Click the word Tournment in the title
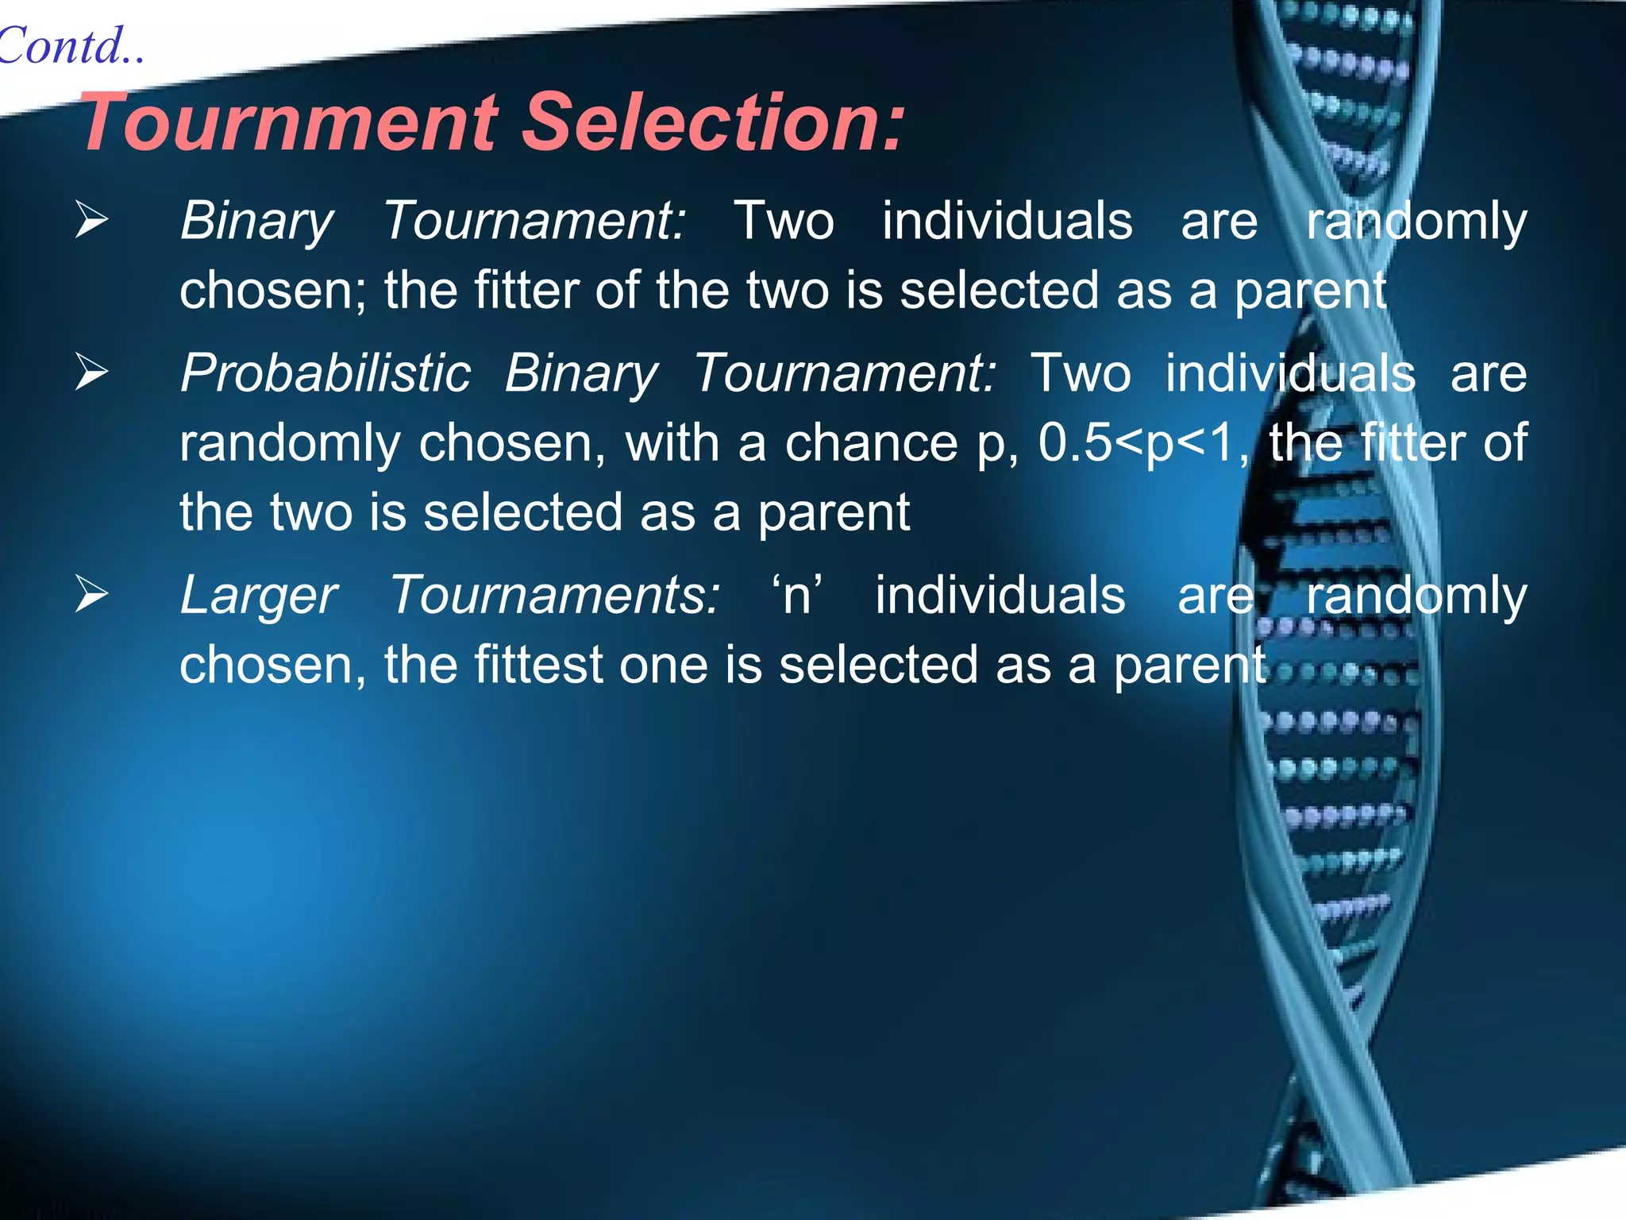tap(290, 122)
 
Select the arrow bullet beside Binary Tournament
tap(92, 220)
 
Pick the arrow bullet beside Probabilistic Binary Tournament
tap(92, 373)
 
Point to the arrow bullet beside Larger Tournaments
tap(92, 595)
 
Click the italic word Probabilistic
tap(326, 373)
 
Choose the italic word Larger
tap(259, 596)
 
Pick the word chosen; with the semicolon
tap(273, 290)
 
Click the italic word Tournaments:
tap(554, 595)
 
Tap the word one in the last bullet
tap(664, 665)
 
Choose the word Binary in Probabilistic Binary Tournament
tap(581, 374)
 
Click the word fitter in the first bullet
tap(527, 290)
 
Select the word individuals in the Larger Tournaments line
tap(1000, 595)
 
